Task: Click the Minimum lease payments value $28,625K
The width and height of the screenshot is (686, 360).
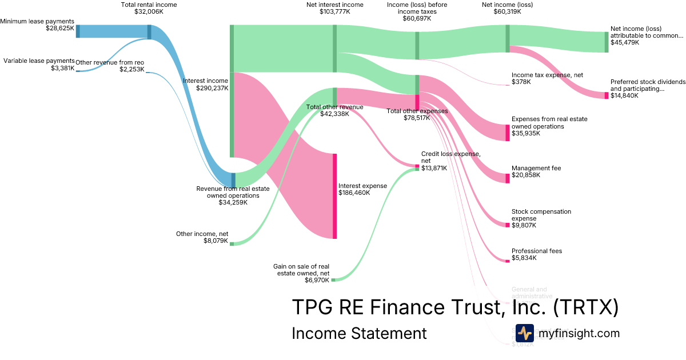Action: (x=60, y=27)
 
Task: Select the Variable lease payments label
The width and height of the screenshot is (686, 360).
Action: (x=39, y=61)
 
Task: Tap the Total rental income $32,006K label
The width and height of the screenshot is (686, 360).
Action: (x=149, y=8)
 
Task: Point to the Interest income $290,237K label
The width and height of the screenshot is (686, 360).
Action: (x=205, y=85)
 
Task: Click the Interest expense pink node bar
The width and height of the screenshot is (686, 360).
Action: (x=334, y=196)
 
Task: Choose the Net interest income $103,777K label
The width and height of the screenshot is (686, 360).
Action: (x=335, y=8)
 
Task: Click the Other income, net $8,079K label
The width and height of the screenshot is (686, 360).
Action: (x=202, y=237)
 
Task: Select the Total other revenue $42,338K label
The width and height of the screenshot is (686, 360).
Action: (x=334, y=110)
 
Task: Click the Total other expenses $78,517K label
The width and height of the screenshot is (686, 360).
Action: (x=417, y=114)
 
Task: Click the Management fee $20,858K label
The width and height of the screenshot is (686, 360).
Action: (x=536, y=171)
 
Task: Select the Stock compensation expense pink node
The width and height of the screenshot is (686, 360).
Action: (x=507, y=225)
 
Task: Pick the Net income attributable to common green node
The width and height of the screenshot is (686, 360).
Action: (x=607, y=42)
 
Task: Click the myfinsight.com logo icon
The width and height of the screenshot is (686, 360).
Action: (x=524, y=333)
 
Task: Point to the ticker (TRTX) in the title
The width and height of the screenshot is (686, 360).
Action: (x=586, y=307)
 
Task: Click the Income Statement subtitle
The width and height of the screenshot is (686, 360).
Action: (x=359, y=333)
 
